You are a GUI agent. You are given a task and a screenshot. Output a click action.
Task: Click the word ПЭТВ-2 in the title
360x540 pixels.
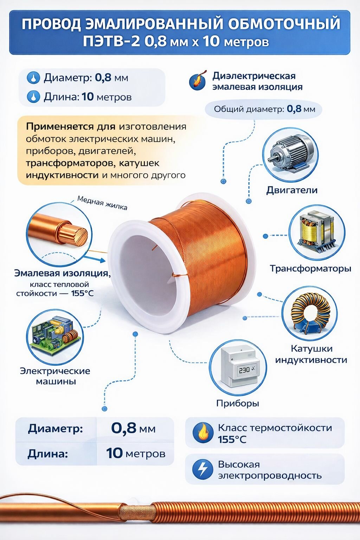tap(111, 41)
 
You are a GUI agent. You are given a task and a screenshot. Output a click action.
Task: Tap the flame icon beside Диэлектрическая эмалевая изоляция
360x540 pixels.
tap(198, 82)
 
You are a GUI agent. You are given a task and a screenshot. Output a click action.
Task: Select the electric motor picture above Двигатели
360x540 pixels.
tap(290, 155)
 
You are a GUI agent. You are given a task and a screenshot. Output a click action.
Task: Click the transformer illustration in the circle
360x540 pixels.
tap(317, 232)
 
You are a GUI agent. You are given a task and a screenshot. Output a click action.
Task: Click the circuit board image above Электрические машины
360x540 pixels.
tap(56, 337)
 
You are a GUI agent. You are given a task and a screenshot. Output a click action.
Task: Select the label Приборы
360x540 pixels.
tap(238, 403)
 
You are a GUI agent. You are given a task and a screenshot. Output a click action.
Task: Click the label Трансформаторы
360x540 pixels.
tap(310, 269)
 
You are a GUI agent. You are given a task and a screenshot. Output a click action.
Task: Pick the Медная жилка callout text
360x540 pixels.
tap(102, 203)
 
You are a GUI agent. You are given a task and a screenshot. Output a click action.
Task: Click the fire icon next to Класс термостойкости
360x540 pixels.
tap(203, 433)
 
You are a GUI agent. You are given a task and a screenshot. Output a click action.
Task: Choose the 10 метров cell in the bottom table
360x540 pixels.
tap(136, 454)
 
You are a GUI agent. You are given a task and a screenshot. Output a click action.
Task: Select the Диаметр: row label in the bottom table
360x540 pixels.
tap(56, 429)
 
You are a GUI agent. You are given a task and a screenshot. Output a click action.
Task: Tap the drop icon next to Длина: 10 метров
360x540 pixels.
tap(33, 97)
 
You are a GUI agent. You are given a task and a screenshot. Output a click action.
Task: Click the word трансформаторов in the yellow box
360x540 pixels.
tap(70, 163)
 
